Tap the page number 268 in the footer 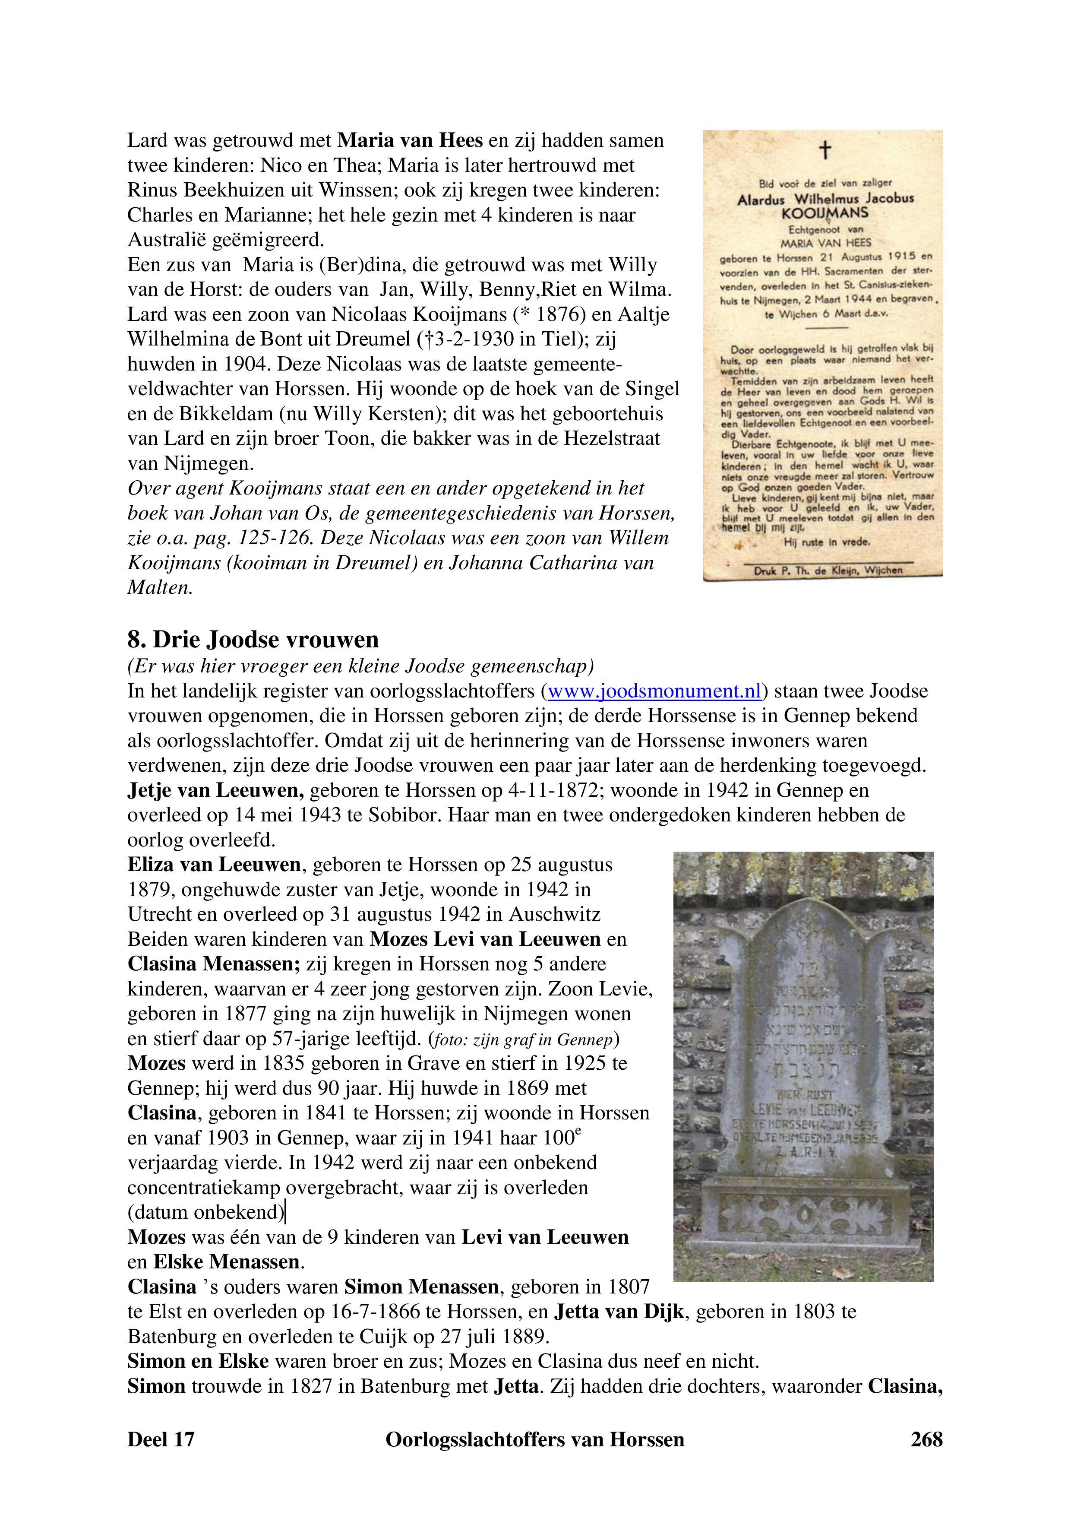[x=926, y=1439]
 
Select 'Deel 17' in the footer [x=161, y=1439]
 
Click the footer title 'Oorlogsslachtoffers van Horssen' [x=535, y=1439]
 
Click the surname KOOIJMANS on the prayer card [x=825, y=213]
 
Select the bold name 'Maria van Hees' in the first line [x=410, y=140]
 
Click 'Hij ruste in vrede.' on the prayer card [x=826, y=542]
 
